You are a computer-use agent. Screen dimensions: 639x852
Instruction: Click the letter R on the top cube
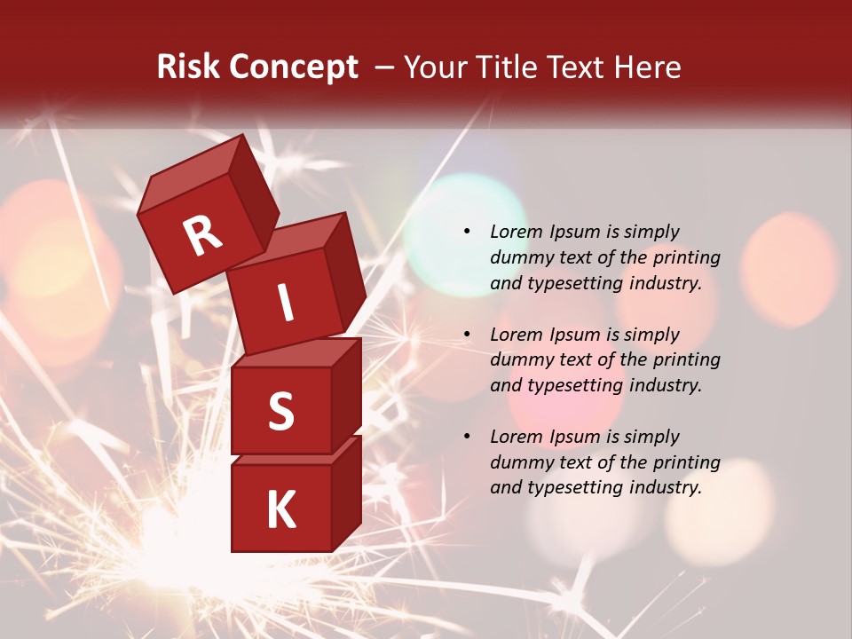coord(202,236)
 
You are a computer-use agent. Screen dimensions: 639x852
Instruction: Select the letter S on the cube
coord(280,411)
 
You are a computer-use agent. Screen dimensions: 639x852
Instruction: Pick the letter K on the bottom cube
coord(280,510)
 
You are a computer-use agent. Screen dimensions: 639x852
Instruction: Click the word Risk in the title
coord(187,67)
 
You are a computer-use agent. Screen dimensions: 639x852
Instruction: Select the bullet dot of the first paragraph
coord(467,233)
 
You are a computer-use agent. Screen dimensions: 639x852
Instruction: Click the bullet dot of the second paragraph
coord(467,335)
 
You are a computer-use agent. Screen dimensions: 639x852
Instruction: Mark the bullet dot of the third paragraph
coord(467,438)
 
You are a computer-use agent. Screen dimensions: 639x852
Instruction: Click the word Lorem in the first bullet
coord(516,233)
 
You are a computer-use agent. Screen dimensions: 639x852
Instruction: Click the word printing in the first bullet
coord(687,258)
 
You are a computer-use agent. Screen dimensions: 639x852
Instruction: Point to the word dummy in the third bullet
coord(519,462)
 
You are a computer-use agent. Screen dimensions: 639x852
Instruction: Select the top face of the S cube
coord(296,352)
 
